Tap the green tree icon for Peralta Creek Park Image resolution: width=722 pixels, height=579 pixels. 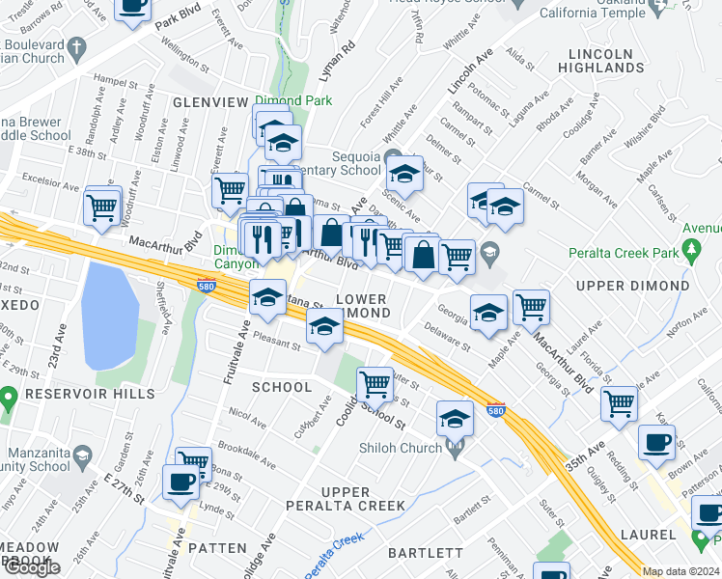click(x=691, y=252)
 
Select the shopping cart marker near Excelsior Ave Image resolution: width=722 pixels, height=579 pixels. click(x=101, y=207)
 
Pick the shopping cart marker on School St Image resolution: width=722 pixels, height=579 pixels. click(x=375, y=385)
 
